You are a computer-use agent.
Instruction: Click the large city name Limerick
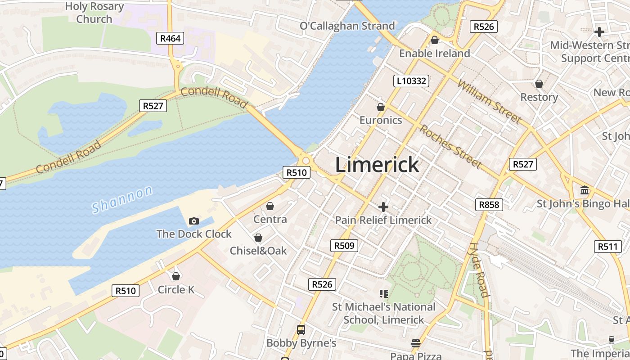pos(377,165)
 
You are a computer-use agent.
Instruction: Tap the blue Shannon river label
pos(122,200)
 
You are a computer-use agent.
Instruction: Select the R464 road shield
pos(171,38)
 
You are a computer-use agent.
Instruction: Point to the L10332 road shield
pos(411,81)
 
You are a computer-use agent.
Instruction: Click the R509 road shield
pos(344,246)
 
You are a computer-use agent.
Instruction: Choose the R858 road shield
pos(489,205)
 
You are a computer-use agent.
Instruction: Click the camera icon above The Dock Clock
pos(194,221)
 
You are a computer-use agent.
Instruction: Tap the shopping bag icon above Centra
pos(270,206)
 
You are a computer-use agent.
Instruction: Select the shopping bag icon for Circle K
pos(176,276)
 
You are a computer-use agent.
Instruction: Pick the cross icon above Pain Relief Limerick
pos(383,207)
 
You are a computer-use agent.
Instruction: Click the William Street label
pos(490,101)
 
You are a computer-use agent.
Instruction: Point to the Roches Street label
pos(450,146)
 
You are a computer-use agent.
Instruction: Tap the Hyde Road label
pos(478,270)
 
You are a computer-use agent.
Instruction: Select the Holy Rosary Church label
pos(94,13)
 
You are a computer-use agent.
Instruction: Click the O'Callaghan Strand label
pos(347,26)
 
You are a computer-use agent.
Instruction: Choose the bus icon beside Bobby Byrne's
pos(301,330)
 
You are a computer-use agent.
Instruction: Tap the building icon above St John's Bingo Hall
pos(585,190)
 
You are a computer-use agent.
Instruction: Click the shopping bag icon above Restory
pos(539,84)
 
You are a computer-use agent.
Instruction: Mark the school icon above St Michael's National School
pos(384,294)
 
